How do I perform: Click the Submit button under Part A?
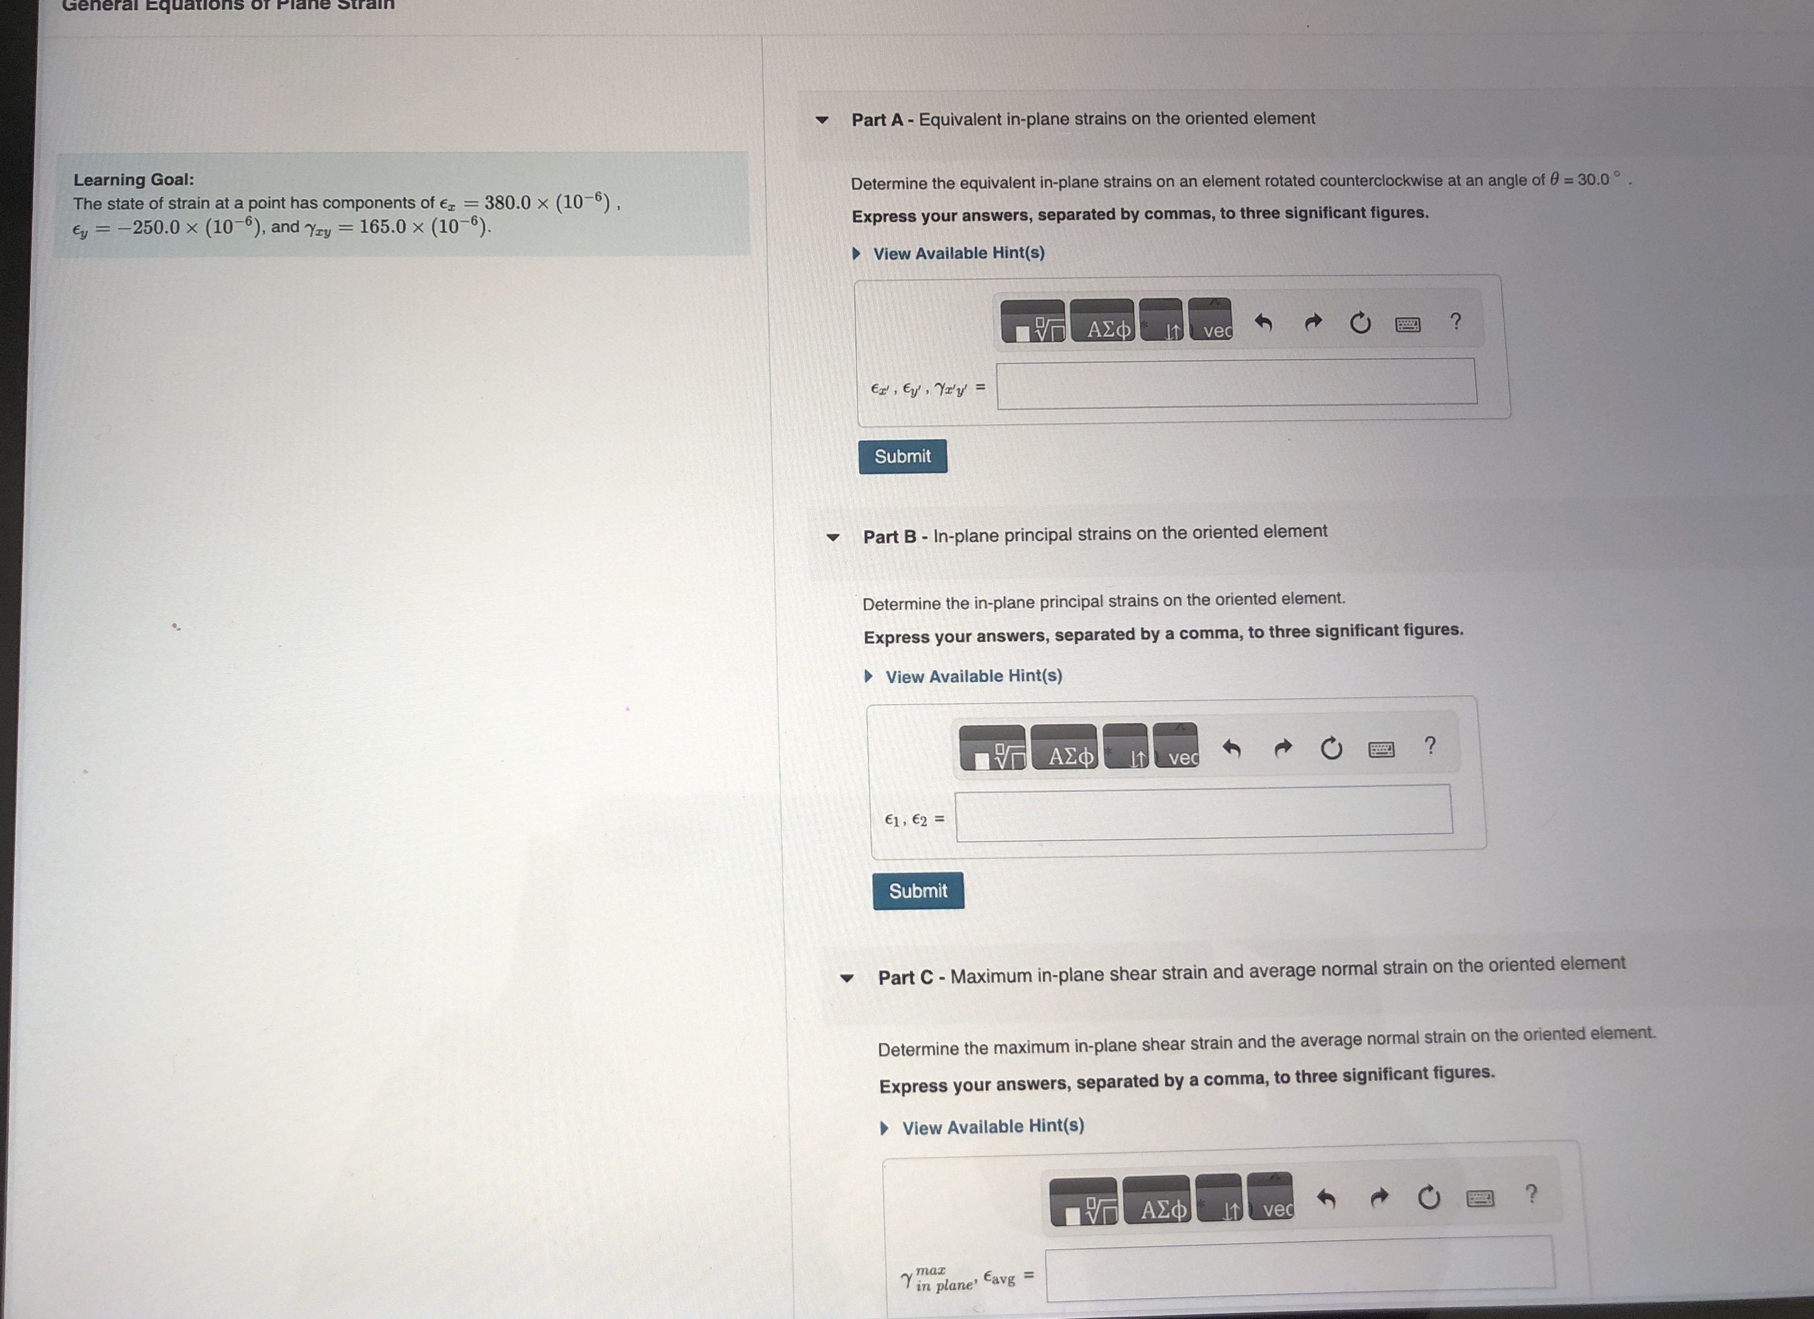(902, 456)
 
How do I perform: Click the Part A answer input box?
(1236, 383)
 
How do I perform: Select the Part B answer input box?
(1203, 812)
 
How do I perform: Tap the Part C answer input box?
(1300, 1268)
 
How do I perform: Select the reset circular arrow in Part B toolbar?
(1331, 748)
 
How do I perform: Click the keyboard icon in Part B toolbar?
(1381, 750)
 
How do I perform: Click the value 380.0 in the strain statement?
(507, 202)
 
